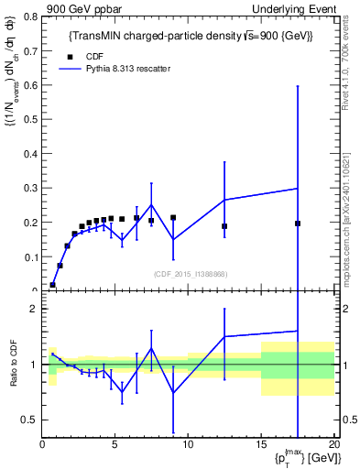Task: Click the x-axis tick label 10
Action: click(x=188, y=445)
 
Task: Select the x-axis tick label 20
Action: click(x=333, y=445)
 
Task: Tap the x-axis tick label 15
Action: click(x=261, y=445)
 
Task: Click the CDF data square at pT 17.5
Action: click(x=298, y=224)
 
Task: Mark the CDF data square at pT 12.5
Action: click(x=224, y=226)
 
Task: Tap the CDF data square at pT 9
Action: click(x=173, y=218)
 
